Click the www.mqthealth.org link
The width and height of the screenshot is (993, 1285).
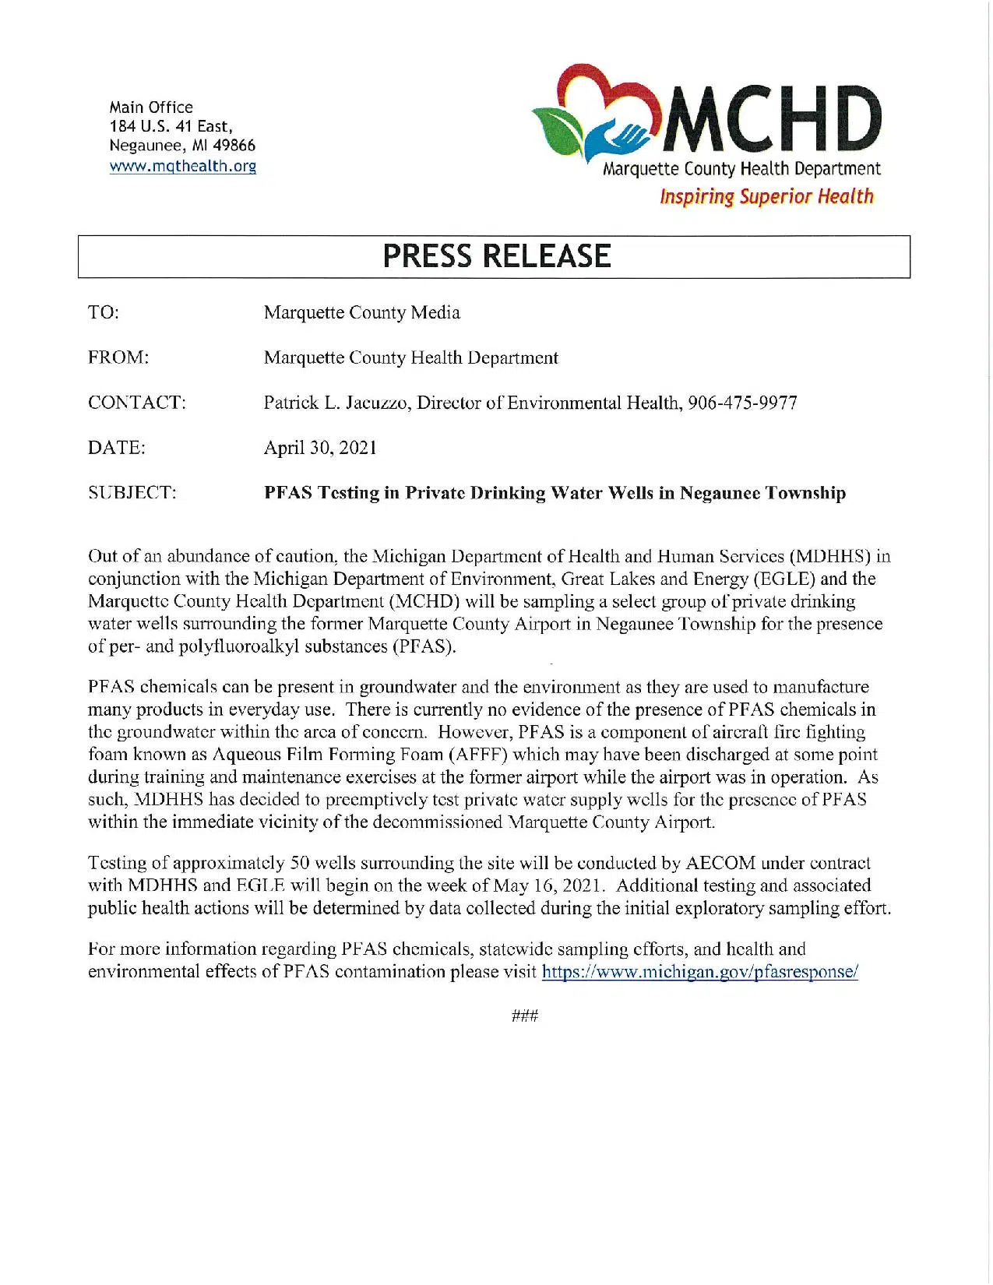(x=183, y=166)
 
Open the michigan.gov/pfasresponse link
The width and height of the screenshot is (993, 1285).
(x=699, y=972)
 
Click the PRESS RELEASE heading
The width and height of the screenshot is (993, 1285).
(x=496, y=256)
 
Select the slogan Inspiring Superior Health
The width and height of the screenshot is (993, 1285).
(x=766, y=196)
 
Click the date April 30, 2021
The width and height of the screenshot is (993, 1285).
(x=320, y=448)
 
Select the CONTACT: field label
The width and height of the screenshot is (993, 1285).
(x=137, y=403)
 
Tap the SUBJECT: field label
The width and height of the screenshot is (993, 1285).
(x=132, y=493)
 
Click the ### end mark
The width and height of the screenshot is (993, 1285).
(x=526, y=1016)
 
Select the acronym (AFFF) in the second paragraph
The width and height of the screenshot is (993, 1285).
(x=475, y=755)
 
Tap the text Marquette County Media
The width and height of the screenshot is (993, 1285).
(x=362, y=312)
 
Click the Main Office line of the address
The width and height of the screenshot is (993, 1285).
(x=151, y=107)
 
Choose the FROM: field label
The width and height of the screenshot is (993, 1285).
(x=118, y=357)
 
